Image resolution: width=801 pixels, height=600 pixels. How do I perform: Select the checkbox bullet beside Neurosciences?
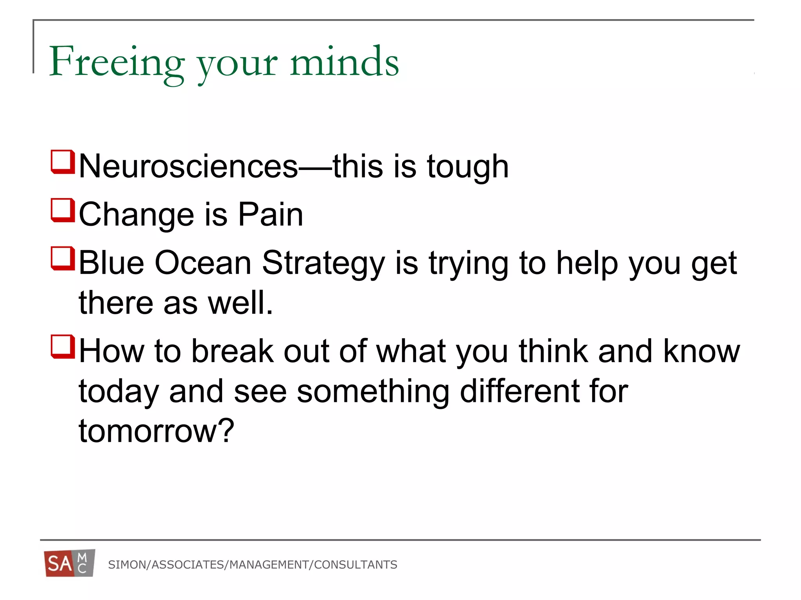[63, 162]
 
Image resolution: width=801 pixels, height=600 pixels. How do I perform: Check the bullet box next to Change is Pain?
[63, 210]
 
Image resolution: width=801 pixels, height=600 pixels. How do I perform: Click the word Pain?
[271, 214]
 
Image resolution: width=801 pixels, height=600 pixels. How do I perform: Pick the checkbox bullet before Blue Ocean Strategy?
[63, 258]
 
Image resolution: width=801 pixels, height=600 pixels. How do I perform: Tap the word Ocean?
[203, 263]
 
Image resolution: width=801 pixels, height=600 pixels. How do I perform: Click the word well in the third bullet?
[240, 303]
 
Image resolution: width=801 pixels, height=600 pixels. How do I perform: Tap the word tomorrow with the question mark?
[156, 431]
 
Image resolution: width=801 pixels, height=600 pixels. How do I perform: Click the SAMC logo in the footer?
[70, 563]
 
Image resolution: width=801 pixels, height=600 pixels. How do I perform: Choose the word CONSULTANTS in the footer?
[356, 565]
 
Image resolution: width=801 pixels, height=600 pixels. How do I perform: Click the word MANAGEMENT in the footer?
[269, 565]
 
